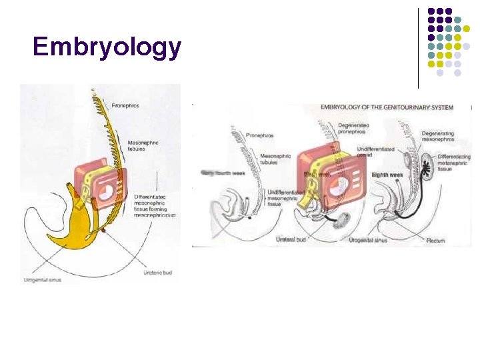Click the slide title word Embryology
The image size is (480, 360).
(x=107, y=47)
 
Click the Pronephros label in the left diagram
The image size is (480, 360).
(x=125, y=105)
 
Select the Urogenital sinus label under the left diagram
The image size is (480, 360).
(x=42, y=280)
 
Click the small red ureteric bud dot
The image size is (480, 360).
(x=103, y=230)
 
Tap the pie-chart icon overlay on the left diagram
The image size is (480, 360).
(x=106, y=192)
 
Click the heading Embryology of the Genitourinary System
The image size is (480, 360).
(x=387, y=107)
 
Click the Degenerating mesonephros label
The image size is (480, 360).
(x=438, y=137)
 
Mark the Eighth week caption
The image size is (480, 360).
(x=387, y=175)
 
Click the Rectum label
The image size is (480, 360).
(x=435, y=240)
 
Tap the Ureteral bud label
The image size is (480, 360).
(x=291, y=239)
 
